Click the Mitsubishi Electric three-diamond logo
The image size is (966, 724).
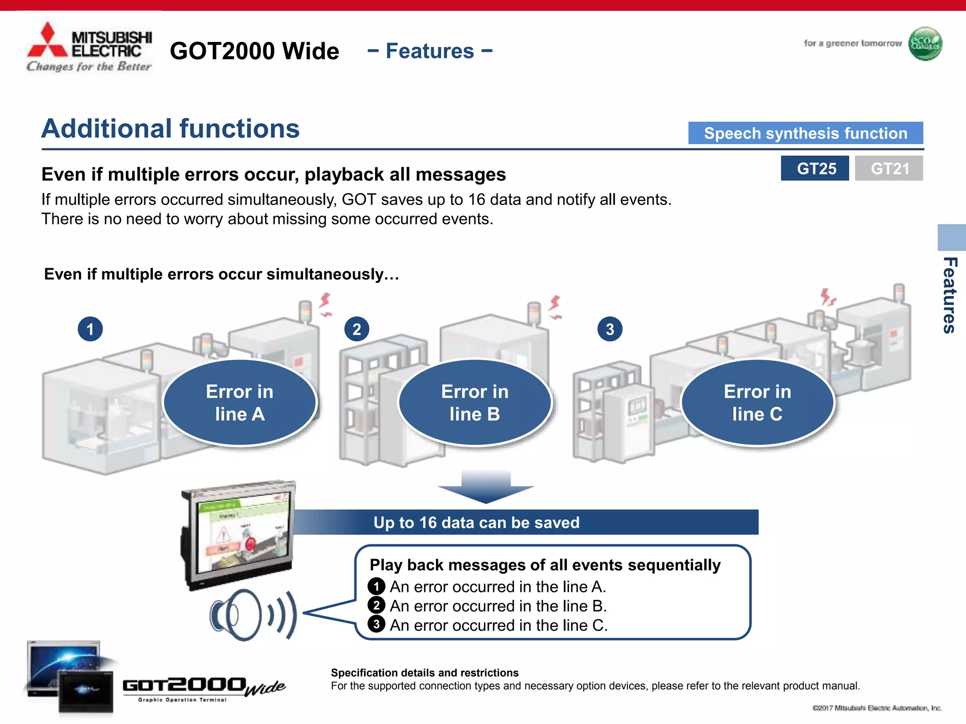pyautogui.click(x=47, y=41)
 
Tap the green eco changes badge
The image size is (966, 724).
pyautogui.click(x=925, y=44)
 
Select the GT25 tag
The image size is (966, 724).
pyautogui.click(x=815, y=168)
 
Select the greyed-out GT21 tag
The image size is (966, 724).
pyautogui.click(x=889, y=168)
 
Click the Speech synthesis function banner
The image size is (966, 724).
pyautogui.click(x=805, y=133)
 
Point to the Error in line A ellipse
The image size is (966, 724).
pyautogui.click(x=240, y=403)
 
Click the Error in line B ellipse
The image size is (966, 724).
pyautogui.click(x=475, y=403)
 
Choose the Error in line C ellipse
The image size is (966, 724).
pyautogui.click(x=757, y=403)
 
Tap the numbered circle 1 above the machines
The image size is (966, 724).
pyautogui.click(x=90, y=329)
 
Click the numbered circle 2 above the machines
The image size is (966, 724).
pyautogui.click(x=357, y=329)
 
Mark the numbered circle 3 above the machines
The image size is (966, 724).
pyautogui.click(x=610, y=329)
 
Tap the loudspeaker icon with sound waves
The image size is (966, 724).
pyautogui.click(x=252, y=615)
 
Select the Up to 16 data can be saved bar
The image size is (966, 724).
pyautogui.click(x=476, y=522)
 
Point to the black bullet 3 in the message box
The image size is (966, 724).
pyautogui.click(x=376, y=625)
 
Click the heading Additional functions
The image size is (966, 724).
pyautogui.click(x=170, y=129)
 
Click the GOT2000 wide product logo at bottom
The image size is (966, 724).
pyautogui.click(x=203, y=688)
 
